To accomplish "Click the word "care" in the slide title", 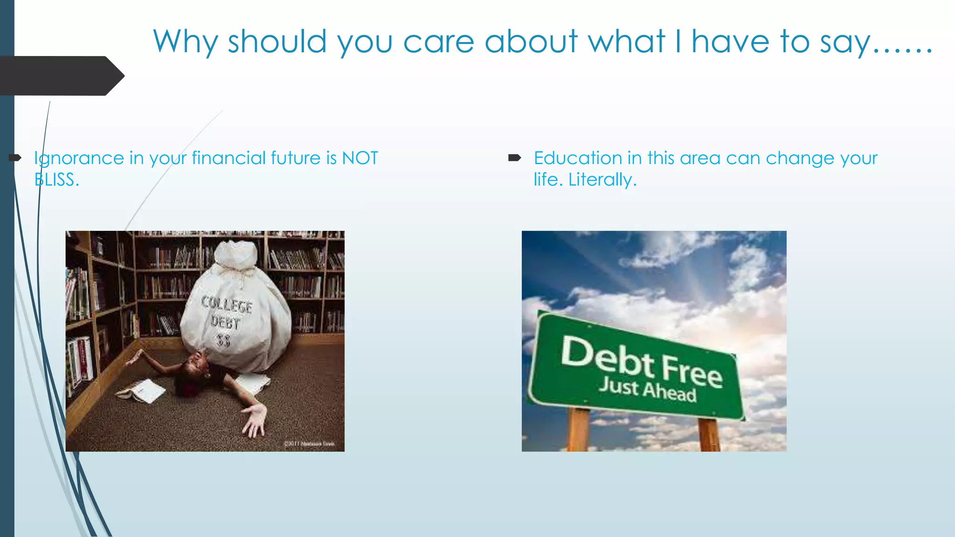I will [438, 42].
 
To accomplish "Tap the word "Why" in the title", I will [185, 42].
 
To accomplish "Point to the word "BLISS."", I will [56, 180].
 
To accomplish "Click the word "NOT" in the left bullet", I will [360, 158].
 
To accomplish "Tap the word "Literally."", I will [602, 180].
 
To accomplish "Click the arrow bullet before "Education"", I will [514, 158].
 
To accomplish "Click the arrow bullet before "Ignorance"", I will [15, 158].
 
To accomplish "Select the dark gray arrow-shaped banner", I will [61, 76].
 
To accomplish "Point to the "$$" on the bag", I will [224, 341].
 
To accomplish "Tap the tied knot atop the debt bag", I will [238, 255].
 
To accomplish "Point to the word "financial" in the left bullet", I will [228, 158].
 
